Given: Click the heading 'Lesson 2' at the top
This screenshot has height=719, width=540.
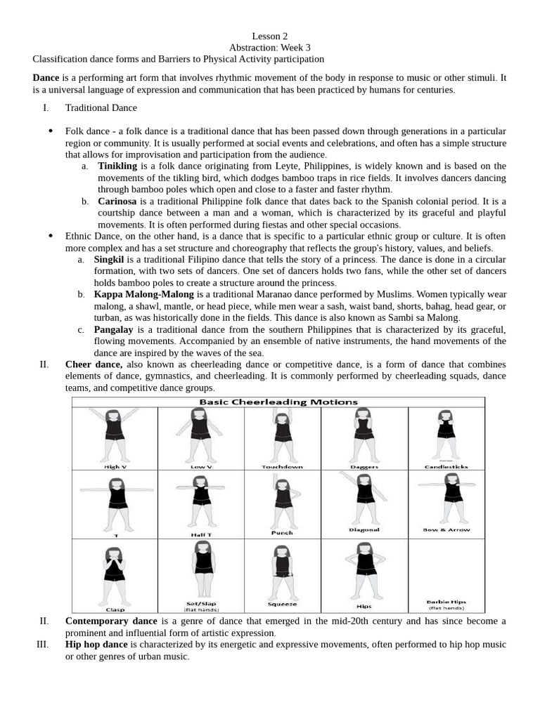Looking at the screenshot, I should (269, 36).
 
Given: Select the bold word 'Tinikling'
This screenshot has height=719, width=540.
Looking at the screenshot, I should (117, 166).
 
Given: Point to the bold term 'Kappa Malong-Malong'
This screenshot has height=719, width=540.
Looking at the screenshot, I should (144, 294).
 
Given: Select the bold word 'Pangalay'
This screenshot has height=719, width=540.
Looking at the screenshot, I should (115, 329).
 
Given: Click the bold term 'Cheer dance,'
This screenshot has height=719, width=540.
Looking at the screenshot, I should (94, 364).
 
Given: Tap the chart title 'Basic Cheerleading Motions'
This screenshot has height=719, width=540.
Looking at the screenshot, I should (278, 402).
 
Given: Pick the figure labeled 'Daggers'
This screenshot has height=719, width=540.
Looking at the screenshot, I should (363, 435).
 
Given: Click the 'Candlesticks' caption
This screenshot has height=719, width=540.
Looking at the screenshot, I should (446, 466).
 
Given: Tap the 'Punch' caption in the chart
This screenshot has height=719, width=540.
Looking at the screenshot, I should (281, 533).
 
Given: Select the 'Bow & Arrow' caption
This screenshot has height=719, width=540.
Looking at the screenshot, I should (446, 530).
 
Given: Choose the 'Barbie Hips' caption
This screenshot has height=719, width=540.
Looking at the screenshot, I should (446, 602).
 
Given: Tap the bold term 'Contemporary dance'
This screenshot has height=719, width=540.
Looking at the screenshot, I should (111, 621).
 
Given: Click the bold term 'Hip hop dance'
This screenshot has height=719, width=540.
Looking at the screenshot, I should (96, 645).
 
